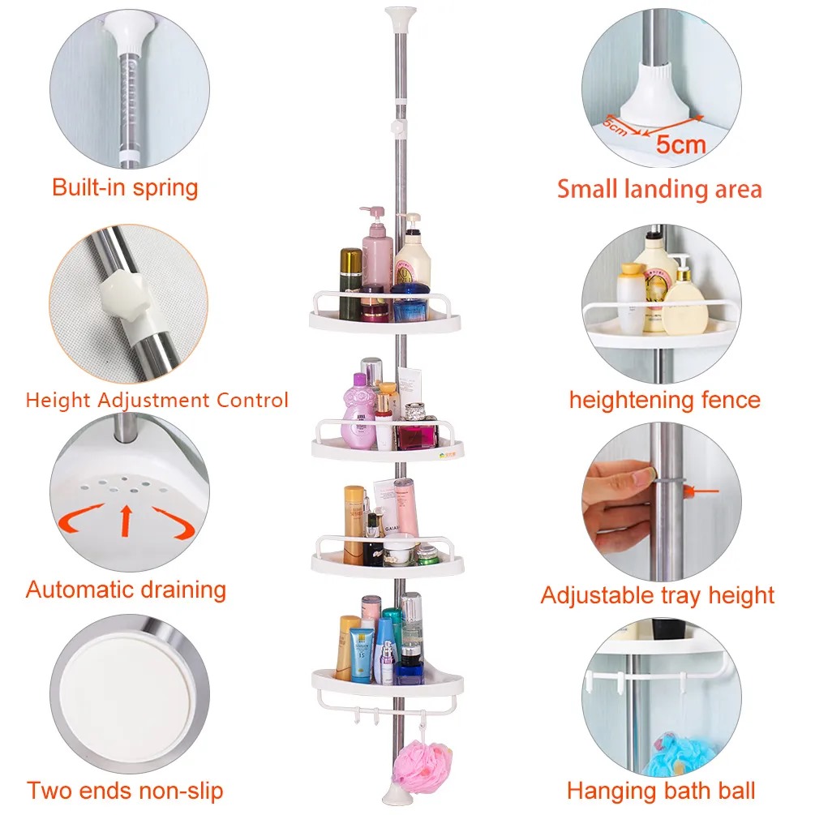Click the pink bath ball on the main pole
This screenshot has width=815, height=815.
(x=422, y=766)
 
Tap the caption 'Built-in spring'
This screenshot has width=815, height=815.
(x=125, y=187)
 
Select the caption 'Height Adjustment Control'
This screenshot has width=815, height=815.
(x=157, y=400)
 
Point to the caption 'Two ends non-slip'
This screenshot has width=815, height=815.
(x=124, y=790)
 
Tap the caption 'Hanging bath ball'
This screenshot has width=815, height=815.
(x=660, y=790)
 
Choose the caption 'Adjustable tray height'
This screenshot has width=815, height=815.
(x=657, y=595)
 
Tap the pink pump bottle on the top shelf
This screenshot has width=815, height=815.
(x=377, y=251)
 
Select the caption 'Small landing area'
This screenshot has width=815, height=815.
(x=658, y=189)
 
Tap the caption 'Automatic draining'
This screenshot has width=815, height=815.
(x=126, y=590)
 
